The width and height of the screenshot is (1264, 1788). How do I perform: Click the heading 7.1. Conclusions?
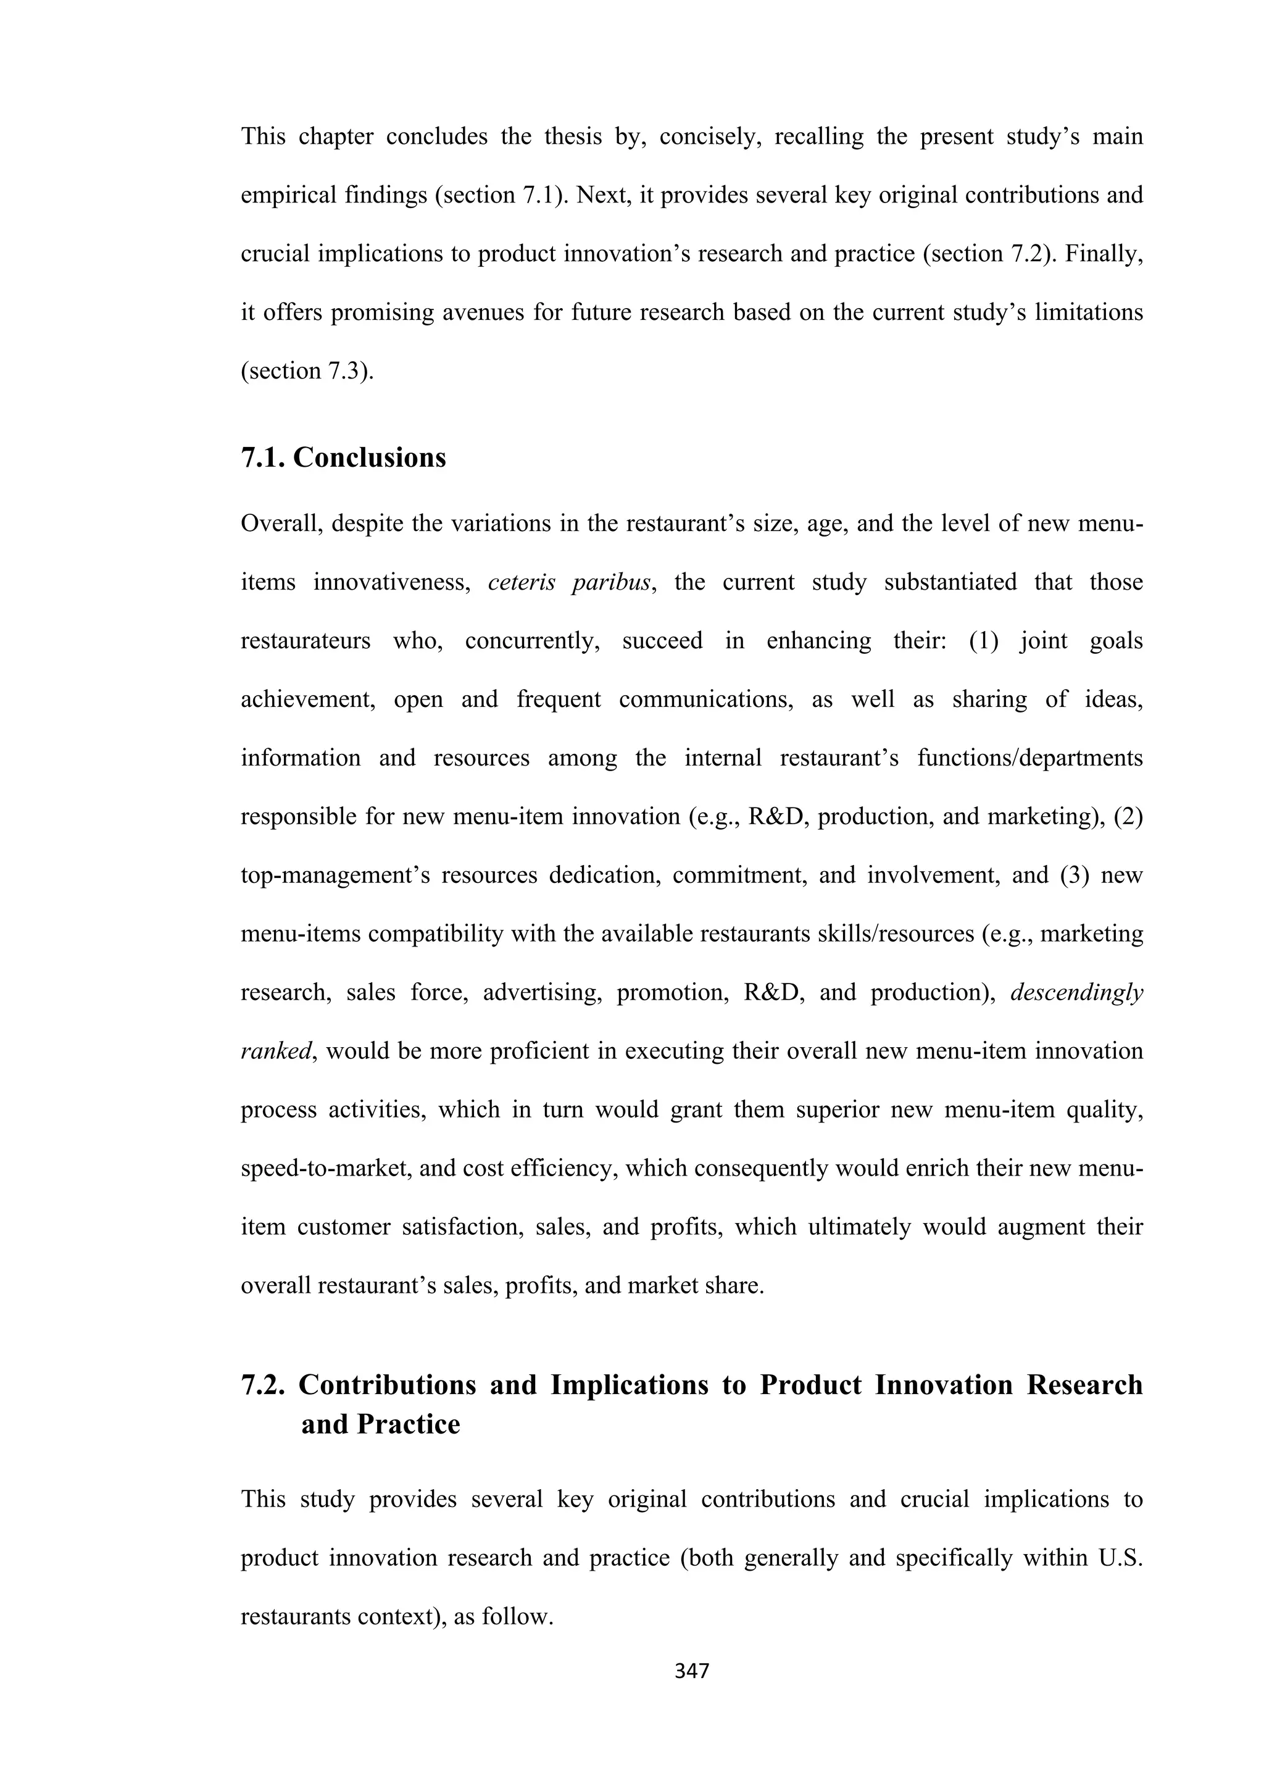pyautogui.click(x=343, y=457)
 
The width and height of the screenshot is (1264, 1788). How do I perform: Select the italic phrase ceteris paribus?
pyautogui.click(x=569, y=582)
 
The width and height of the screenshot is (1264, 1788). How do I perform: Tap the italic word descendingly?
pyautogui.click(x=1076, y=993)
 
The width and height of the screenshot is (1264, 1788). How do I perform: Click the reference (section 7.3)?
pyautogui.click(x=307, y=370)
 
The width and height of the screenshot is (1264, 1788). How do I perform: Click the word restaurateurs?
pyautogui.click(x=305, y=641)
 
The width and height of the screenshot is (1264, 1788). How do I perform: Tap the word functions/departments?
pyautogui.click(x=1029, y=758)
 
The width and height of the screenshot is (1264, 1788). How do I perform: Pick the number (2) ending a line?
pyautogui.click(x=1128, y=817)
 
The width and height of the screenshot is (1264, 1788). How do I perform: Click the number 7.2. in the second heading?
pyautogui.click(x=264, y=1385)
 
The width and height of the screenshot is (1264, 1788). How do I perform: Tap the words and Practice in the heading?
pyautogui.click(x=381, y=1424)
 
